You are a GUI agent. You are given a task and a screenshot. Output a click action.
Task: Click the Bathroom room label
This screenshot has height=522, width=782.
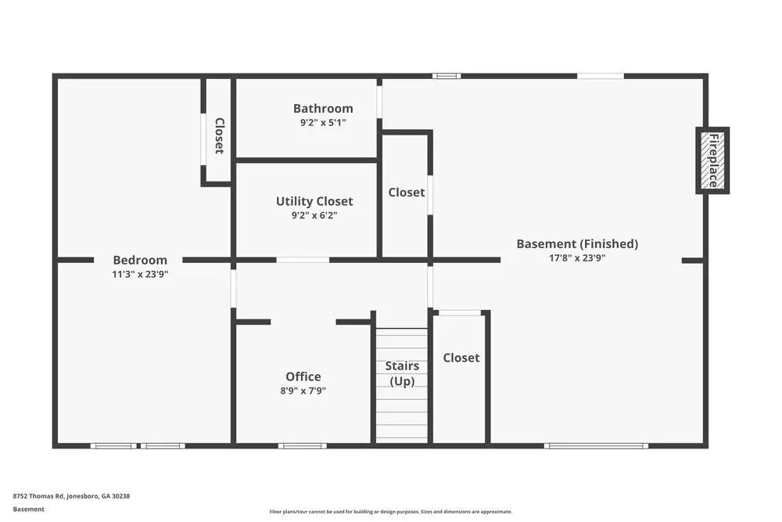[x=323, y=109]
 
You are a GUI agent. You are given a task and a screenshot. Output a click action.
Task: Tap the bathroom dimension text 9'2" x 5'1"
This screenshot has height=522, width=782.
[x=323, y=123]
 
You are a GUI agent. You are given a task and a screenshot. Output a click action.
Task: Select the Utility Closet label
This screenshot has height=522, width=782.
[x=314, y=201]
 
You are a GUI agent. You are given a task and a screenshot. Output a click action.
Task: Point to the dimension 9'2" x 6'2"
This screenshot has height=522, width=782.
[x=314, y=215]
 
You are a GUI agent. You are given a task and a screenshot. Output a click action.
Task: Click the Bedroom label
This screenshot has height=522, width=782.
[x=140, y=260]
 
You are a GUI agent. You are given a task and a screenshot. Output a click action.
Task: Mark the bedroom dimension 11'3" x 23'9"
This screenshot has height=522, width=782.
[x=140, y=274]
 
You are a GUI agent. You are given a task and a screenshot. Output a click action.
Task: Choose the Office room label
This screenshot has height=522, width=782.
[x=303, y=376]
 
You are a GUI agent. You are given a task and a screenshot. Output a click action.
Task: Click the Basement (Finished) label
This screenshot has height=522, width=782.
[x=577, y=243]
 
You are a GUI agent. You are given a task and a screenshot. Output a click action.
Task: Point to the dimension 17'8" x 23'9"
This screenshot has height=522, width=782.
[x=577, y=257]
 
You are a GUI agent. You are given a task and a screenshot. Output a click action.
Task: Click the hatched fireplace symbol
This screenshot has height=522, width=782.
[x=712, y=160]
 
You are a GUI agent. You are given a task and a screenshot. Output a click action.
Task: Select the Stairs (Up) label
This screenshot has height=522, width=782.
[x=402, y=373]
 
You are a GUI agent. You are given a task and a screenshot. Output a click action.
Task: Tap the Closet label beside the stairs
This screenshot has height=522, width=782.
[x=461, y=358]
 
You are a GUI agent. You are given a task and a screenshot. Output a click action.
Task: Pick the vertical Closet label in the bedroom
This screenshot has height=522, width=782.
[x=219, y=135]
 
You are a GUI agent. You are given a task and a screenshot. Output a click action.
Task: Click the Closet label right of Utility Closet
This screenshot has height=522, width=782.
[x=407, y=192]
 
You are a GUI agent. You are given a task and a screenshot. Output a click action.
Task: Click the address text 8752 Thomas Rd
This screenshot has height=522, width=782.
[x=71, y=495]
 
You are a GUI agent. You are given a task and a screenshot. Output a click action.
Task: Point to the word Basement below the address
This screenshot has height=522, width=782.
[x=29, y=509]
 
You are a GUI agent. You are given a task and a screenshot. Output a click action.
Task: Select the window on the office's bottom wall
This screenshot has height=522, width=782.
[x=303, y=446]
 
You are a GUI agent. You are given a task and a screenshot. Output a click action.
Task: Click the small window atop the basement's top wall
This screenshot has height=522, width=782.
[x=447, y=76]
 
